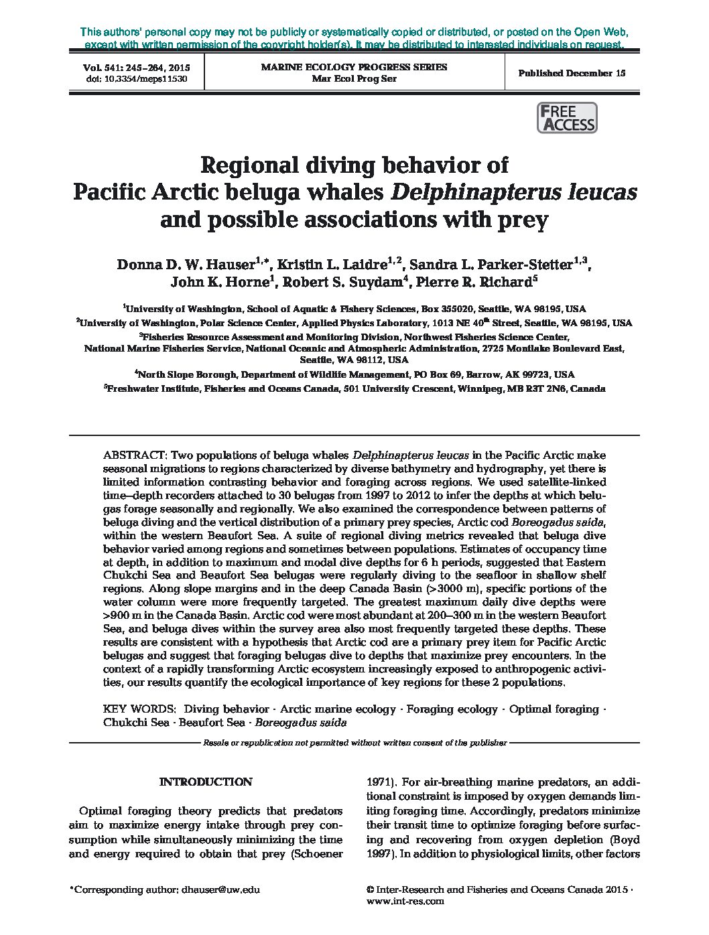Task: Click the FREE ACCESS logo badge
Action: [x=567, y=119]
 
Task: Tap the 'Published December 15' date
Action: [x=572, y=73]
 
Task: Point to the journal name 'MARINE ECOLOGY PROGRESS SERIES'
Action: [x=354, y=67]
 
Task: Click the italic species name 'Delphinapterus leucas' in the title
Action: [x=513, y=192]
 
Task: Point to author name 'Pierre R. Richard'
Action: [x=473, y=282]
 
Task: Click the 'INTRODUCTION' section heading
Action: [x=206, y=782]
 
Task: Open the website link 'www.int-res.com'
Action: [x=406, y=901]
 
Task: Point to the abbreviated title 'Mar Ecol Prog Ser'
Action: [x=354, y=78]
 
